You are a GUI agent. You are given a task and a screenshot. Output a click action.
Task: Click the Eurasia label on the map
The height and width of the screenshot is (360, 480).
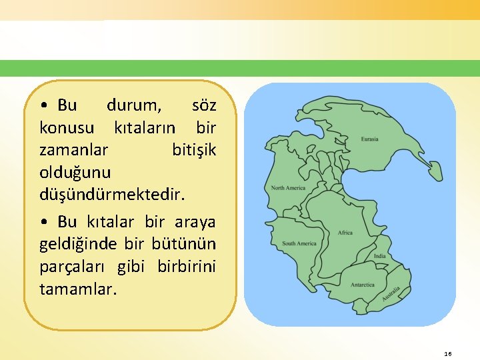click(369, 139)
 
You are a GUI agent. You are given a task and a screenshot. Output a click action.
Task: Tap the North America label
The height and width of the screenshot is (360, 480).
click(288, 188)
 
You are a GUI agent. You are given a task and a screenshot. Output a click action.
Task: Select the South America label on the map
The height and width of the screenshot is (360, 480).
click(299, 243)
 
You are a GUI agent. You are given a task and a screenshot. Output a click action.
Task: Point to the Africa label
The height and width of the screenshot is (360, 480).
click(345, 233)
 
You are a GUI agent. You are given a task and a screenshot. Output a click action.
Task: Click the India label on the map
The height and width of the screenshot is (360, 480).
click(379, 256)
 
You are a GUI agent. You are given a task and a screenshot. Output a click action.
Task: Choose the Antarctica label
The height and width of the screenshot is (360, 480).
click(363, 285)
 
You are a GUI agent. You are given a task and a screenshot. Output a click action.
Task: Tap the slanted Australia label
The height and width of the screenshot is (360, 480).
click(391, 295)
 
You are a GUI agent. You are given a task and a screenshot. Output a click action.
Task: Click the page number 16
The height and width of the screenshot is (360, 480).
click(448, 353)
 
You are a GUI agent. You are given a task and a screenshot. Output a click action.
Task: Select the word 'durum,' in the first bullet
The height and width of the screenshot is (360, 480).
click(133, 105)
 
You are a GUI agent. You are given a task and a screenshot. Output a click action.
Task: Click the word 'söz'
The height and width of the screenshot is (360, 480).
click(203, 105)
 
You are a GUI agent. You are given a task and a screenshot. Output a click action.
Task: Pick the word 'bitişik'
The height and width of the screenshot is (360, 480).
click(194, 149)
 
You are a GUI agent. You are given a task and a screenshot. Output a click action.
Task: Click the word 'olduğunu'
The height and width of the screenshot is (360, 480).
click(75, 171)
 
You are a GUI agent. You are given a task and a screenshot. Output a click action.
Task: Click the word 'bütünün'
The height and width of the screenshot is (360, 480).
click(188, 243)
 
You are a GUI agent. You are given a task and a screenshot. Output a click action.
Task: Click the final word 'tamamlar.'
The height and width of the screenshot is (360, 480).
click(78, 289)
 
